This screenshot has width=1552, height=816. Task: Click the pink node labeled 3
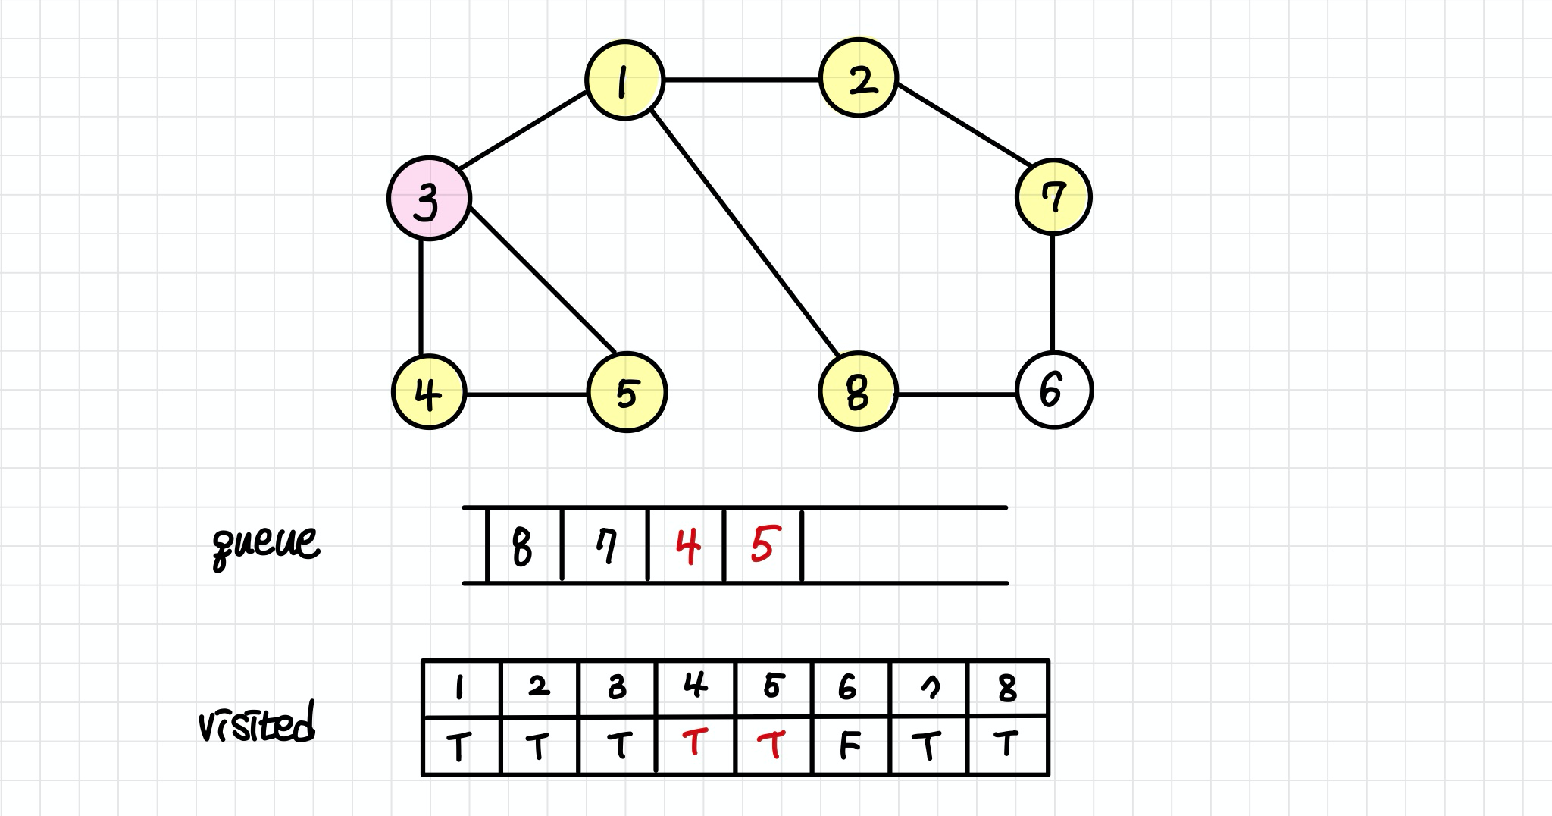429,199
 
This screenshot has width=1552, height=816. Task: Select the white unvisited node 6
1053,391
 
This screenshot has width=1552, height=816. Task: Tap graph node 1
625,80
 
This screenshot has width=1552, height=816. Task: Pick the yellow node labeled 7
1053,197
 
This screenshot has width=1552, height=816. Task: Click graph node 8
858,391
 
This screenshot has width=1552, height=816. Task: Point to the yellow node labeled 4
429,392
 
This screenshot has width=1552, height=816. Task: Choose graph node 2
859,78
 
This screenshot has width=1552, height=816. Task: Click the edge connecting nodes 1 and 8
746,235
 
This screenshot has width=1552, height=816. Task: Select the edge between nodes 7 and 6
1053,293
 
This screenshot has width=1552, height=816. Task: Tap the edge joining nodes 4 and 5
527,394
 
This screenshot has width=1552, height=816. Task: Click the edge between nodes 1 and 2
742,79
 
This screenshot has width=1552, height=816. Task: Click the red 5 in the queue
762,545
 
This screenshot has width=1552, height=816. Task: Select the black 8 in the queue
522,547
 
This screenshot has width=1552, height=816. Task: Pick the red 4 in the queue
687,547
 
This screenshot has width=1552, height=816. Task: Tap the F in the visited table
850,746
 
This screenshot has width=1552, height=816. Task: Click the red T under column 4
694,743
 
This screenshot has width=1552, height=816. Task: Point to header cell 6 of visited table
849,687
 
